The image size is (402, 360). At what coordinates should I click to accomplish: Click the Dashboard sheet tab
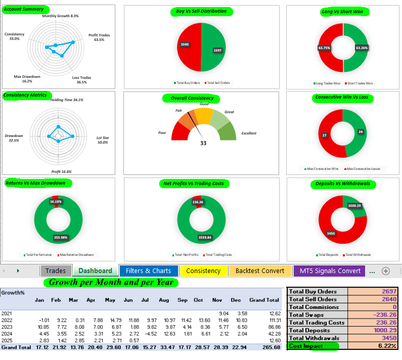point(95,271)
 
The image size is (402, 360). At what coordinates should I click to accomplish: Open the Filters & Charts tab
point(148,271)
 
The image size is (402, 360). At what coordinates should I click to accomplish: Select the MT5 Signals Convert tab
point(329,271)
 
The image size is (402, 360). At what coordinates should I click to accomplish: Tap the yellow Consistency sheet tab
point(203,271)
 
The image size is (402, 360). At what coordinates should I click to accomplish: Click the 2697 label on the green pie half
point(217,51)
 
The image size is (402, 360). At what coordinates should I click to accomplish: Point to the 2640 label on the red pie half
point(185,44)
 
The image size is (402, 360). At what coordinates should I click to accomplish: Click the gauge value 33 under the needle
point(203,143)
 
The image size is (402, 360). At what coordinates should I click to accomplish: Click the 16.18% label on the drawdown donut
point(56,201)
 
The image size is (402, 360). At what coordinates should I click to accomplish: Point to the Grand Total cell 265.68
point(271,347)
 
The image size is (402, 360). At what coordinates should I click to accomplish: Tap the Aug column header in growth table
point(163,300)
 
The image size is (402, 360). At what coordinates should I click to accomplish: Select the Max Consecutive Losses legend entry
point(362,169)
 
